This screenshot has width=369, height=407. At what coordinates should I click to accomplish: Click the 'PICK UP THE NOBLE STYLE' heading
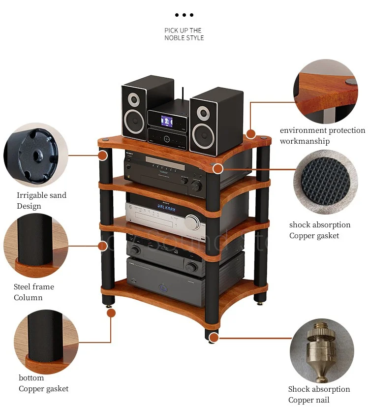[184, 34]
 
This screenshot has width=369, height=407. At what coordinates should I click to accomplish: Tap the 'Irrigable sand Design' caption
[41, 201]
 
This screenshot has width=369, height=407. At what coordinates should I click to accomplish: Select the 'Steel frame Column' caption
[33, 292]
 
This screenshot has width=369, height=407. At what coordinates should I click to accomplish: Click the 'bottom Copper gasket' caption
[43, 383]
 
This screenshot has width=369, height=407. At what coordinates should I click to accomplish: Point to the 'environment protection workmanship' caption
[322, 136]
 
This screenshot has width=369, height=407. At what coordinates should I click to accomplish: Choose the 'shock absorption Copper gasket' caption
[320, 230]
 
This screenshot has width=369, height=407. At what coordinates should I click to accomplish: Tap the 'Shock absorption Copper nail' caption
[319, 394]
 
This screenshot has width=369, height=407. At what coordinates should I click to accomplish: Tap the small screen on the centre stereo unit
[164, 120]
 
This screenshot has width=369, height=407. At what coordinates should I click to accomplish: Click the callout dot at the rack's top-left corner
[102, 156]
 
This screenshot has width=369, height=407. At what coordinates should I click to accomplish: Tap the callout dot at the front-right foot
[214, 338]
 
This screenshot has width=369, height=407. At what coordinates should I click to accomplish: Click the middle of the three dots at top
[184, 15]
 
